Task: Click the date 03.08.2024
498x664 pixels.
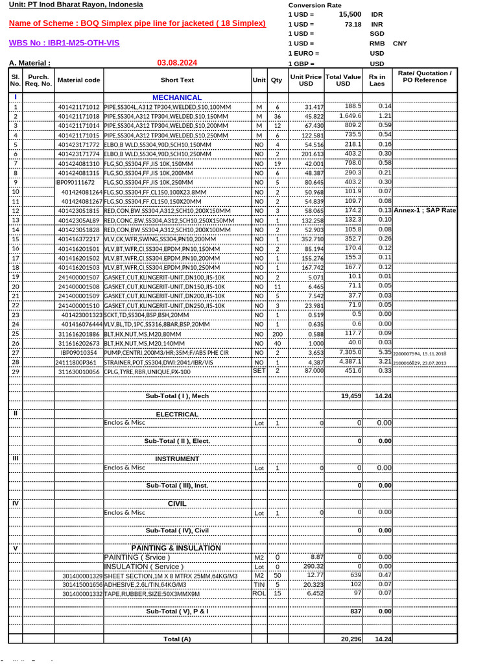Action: coord(177,63)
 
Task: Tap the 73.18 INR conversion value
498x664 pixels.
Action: coord(353,23)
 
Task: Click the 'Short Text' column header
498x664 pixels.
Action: coord(177,80)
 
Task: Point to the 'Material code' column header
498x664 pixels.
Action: coord(79,80)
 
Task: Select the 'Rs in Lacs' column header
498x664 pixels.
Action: coord(377,80)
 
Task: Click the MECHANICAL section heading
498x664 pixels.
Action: coord(177,97)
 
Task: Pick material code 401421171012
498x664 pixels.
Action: coord(79,106)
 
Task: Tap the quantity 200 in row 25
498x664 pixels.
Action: coord(277,333)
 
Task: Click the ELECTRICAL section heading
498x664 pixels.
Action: coord(177,414)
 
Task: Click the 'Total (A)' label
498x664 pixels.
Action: coord(177,639)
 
